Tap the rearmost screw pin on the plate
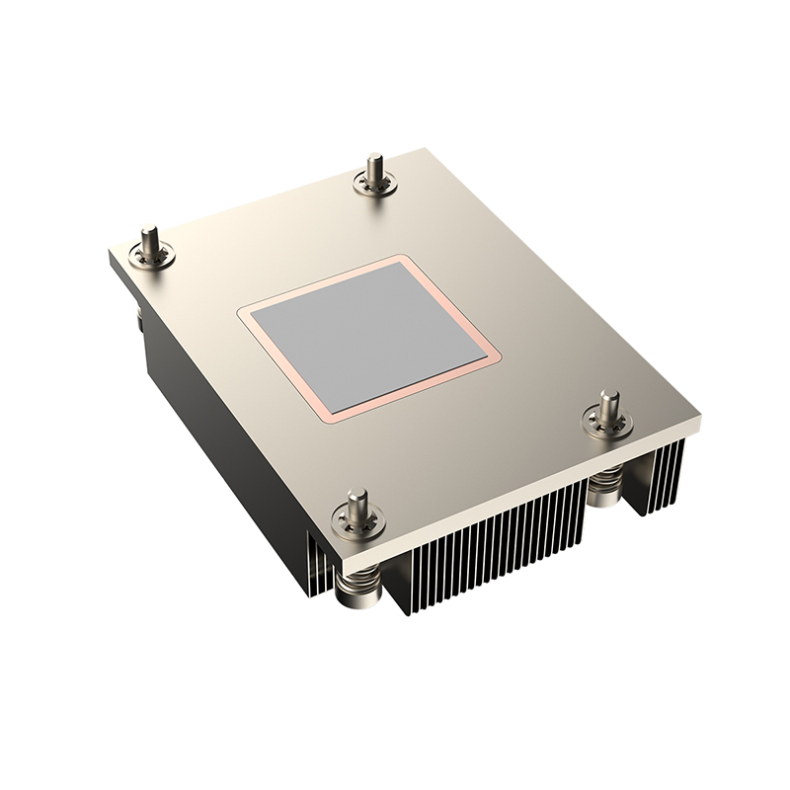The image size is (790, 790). tap(374, 170)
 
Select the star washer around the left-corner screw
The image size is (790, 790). tap(154, 258)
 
